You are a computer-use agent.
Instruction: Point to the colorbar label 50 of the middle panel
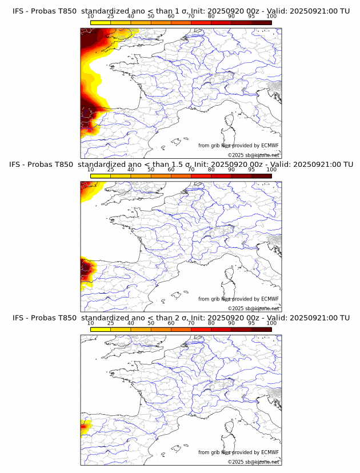[x=150, y=170]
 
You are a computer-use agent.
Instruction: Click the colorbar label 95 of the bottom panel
[x=251, y=323]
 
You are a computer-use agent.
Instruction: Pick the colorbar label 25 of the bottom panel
[x=110, y=323]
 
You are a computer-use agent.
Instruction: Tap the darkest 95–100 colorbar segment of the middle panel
[x=261, y=176]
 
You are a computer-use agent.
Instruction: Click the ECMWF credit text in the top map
[x=238, y=146]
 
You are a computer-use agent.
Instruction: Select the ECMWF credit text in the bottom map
[x=238, y=452]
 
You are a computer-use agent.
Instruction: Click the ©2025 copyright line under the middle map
[x=253, y=308]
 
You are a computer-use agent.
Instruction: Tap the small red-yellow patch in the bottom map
[x=85, y=426]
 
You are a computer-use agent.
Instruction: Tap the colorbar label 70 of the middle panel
[x=191, y=170]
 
